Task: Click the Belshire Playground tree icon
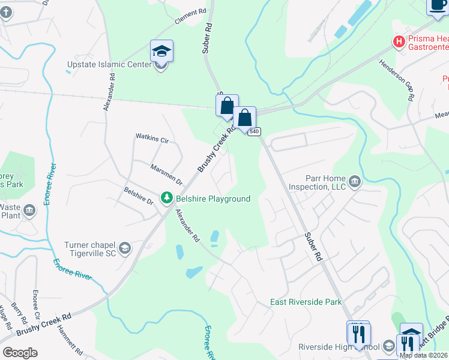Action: (x=166, y=197)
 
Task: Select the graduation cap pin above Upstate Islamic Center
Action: (x=161, y=51)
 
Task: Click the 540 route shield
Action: (x=255, y=131)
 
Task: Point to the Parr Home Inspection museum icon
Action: (x=355, y=181)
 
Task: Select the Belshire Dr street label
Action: (x=139, y=196)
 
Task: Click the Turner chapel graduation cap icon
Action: (x=124, y=248)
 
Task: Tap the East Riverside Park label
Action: (x=306, y=302)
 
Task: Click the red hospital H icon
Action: (x=397, y=41)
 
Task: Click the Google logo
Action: (x=20, y=353)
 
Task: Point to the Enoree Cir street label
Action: (x=37, y=304)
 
